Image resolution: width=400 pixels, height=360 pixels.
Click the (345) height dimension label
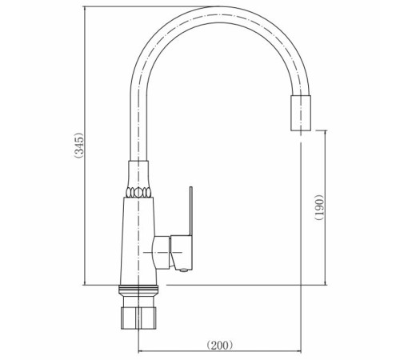click(x=79, y=146)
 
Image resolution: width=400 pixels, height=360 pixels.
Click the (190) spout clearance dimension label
click(x=319, y=207)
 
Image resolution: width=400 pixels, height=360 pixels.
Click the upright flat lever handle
click(x=191, y=211)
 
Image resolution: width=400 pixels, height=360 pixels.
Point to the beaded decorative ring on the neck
click(x=138, y=192)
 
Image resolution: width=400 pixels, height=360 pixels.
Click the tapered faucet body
click(x=138, y=241)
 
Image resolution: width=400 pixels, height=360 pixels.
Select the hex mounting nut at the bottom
click(x=138, y=318)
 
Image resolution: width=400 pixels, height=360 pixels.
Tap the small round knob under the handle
click(x=183, y=270)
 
